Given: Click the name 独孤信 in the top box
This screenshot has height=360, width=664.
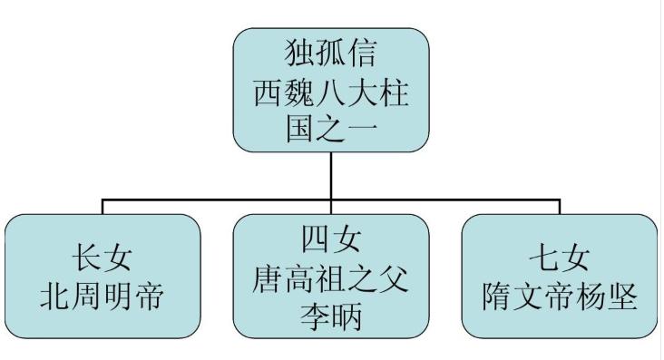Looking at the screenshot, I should (330, 54).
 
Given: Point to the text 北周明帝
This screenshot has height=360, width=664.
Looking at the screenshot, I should (102, 296).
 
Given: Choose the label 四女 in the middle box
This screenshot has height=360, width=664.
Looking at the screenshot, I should (330, 241).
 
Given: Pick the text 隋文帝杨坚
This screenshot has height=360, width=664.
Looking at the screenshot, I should (559, 296).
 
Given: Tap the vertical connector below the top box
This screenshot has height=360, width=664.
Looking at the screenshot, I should (330, 174).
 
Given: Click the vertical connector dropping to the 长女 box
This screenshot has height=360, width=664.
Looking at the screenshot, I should (102, 207).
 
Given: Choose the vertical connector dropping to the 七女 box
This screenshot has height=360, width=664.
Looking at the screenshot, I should (560, 207).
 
